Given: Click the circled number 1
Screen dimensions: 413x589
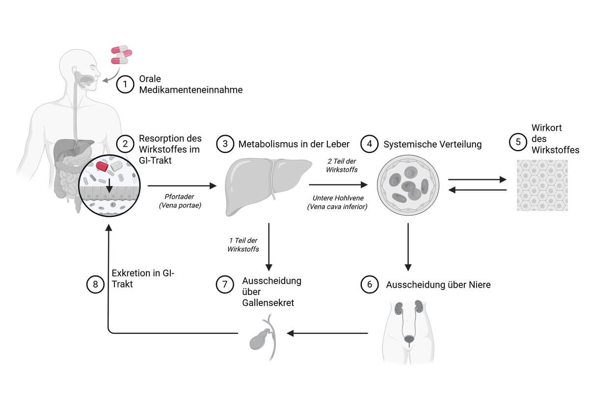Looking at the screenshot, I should tap(125, 85).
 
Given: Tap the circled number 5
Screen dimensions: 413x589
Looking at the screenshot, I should tap(518, 142).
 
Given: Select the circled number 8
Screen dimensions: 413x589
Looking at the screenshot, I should tap(95, 284).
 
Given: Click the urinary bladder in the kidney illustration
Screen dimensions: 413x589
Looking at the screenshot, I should tap(408, 339).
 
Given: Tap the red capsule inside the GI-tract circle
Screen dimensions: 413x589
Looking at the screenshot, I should tap(103, 166).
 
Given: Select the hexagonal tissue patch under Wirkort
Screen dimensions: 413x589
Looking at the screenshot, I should tap(542, 185).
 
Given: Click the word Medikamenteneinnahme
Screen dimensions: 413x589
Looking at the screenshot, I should tap(191, 89).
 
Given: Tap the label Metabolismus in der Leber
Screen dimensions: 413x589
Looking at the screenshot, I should tap(294, 144).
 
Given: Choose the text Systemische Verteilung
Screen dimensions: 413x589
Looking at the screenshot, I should tap(432, 145).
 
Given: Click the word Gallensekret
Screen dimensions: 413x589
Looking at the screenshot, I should tap(268, 303).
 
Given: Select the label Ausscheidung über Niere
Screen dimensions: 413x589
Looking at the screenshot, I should tap(438, 285).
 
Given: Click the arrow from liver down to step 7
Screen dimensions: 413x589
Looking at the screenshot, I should tap(269, 246).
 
